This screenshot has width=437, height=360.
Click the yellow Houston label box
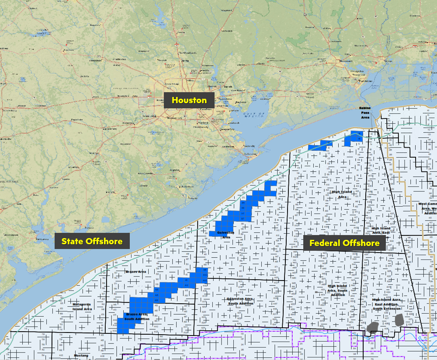pyautogui.click(x=189, y=100)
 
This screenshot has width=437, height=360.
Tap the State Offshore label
pyautogui.click(x=92, y=241)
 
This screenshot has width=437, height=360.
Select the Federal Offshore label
pyautogui.click(x=344, y=242)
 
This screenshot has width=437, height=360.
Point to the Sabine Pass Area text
pyautogui.click(x=364, y=112)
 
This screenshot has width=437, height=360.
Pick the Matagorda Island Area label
pyautogui.click(x=82, y=306)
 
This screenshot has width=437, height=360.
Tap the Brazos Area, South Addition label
pyautogui.click(x=137, y=316)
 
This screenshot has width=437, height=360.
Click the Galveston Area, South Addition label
pyautogui.click(x=240, y=301)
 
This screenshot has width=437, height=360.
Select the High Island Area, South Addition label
pyautogui.click(x=337, y=291)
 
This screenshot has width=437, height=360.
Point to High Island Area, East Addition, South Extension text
pyautogui.click(x=386, y=304)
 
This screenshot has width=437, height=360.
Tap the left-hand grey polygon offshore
pyautogui.click(x=372, y=328)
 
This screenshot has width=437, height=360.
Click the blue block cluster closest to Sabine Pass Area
pyautogui.click(x=354, y=138)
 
